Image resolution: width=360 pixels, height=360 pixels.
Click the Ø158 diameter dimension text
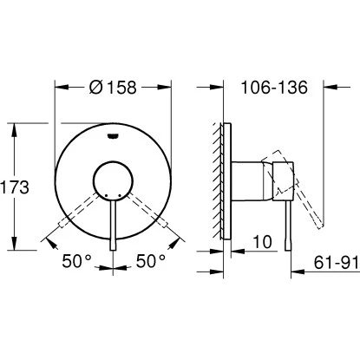pyautogui.click(x=113, y=88)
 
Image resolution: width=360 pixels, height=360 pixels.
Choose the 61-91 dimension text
pyautogui.click(x=331, y=260)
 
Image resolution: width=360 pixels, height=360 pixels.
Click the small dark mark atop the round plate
pyautogui.click(x=113, y=134)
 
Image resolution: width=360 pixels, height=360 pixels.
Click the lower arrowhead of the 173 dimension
pyautogui.click(x=15, y=245)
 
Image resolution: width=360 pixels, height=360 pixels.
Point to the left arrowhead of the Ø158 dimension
pyautogui.click(x=60, y=88)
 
